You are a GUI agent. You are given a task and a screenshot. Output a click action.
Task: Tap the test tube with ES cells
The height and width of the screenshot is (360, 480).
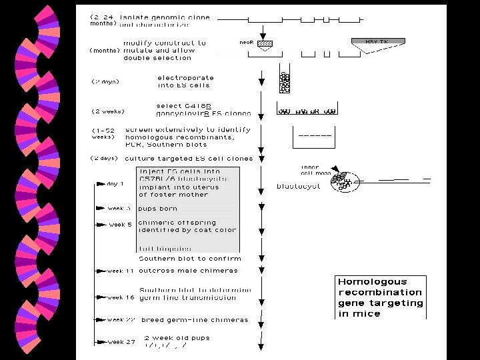point(285,82)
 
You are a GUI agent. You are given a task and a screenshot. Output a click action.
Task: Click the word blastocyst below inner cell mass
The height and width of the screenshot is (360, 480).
point(298,187)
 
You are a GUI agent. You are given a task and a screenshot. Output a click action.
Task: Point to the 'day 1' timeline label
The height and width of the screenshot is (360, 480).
point(115,183)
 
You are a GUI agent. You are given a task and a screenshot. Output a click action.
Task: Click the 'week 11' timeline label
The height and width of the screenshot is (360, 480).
point(120,271)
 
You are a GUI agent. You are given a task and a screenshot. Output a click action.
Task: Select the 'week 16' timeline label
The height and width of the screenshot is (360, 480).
point(121,297)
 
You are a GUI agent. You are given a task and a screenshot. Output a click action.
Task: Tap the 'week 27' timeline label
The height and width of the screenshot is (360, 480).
point(121,342)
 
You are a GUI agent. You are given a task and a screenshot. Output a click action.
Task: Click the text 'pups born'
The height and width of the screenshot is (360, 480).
point(158,209)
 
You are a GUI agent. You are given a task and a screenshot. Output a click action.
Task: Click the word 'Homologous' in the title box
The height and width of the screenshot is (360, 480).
point(372,281)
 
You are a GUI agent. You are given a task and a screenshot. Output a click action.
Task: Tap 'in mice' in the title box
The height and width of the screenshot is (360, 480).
point(359,313)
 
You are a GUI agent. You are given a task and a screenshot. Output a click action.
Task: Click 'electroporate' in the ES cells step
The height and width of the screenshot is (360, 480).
point(183,77)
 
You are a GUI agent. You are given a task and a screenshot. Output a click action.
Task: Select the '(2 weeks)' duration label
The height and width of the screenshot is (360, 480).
point(108,111)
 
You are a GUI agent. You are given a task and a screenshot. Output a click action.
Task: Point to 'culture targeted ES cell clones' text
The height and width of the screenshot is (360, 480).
point(189,159)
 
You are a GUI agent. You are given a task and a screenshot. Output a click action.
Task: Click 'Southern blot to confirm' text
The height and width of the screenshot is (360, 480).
point(190,258)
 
